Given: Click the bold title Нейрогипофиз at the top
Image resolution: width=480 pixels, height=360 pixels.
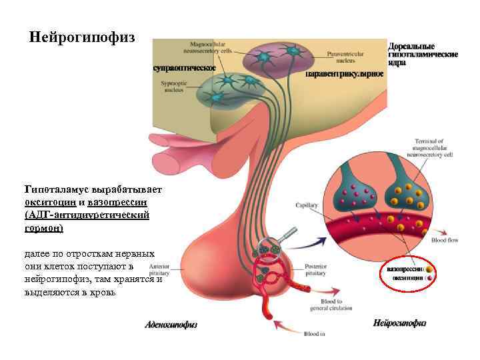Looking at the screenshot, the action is (x=83, y=37).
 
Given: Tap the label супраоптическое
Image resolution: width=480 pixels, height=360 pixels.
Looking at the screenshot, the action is (x=183, y=67).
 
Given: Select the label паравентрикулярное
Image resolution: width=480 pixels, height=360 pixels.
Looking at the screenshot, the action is (x=344, y=74).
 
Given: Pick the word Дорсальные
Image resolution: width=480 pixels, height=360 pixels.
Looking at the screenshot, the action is (x=411, y=45).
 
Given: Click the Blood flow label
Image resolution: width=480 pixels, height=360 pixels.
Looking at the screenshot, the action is (x=444, y=240).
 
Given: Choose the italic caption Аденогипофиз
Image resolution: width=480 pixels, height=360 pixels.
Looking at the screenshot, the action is (x=171, y=325).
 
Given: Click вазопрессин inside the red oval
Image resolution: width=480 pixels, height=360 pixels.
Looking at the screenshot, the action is (x=405, y=269).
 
